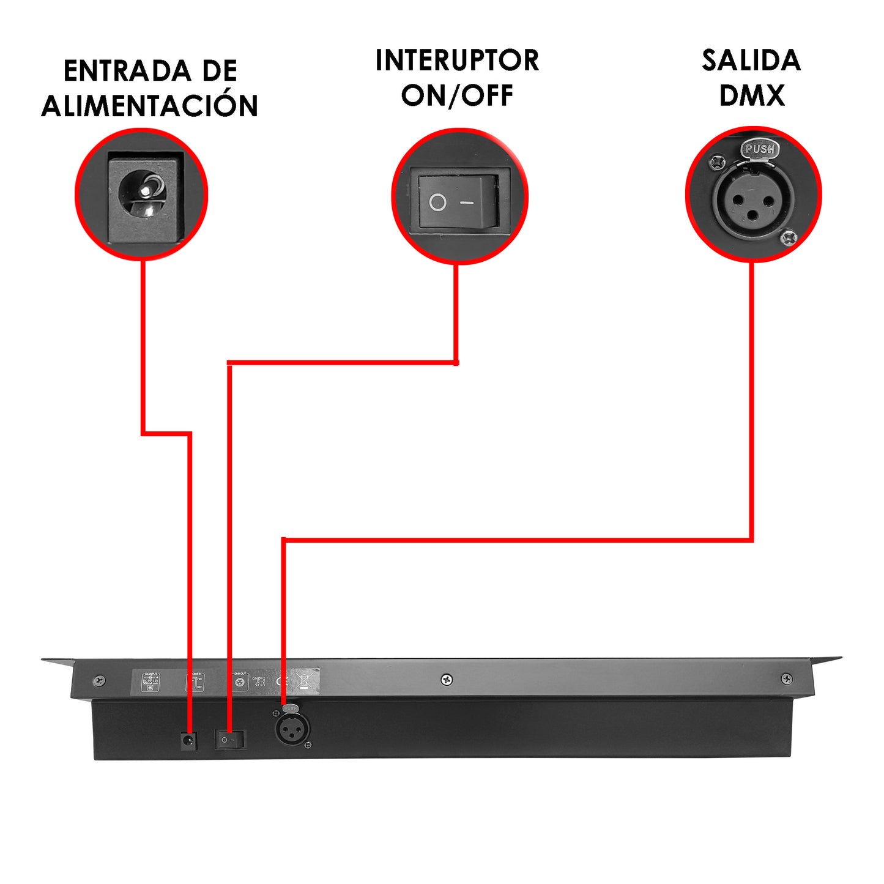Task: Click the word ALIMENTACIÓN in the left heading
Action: coord(150,106)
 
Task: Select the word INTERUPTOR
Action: coord(457,61)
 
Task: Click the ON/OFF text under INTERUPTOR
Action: coord(457,95)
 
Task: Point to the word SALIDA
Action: coord(751,61)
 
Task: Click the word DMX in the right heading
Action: coord(751,95)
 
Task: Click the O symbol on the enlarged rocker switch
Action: coord(437,202)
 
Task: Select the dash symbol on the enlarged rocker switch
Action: coord(467,202)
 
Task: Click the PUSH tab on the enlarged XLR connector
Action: coord(759,149)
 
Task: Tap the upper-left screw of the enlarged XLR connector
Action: coord(717,163)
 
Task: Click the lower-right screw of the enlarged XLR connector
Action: coord(789,236)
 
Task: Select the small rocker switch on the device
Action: coord(229,740)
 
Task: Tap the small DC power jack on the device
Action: coord(188,741)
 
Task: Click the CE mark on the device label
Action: coord(282,681)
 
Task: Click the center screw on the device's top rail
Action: coord(447,680)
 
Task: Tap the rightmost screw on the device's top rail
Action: coord(787,679)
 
